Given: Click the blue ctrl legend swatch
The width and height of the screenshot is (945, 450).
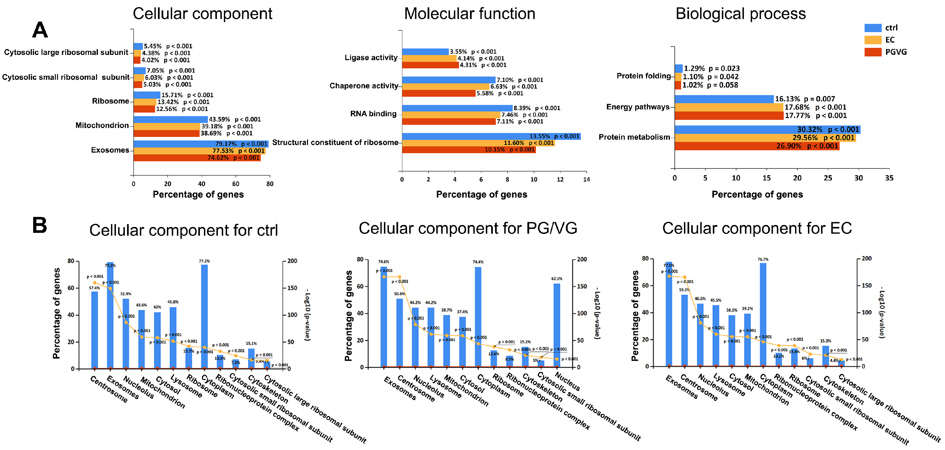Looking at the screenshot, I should [x=873, y=28].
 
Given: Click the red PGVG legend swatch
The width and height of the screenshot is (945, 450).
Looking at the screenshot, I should [x=873, y=52].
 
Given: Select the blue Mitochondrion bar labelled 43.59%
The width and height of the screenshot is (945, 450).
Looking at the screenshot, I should [x=171, y=120].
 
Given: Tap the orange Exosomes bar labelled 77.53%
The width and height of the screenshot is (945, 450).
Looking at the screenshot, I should [x=199, y=151].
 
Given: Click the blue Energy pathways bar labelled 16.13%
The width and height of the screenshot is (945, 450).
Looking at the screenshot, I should [x=724, y=99].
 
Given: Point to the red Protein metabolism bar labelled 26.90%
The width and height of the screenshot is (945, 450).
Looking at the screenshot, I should [x=756, y=146].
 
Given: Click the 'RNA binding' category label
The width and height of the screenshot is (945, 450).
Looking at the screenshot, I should [x=373, y=114].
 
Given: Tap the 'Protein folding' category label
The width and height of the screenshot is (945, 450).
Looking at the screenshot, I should [x=644, y=76].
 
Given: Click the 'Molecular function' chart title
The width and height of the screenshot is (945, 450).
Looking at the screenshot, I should [x=469, y=14].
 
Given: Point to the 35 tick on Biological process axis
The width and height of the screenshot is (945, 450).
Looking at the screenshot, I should [x=889, y=178].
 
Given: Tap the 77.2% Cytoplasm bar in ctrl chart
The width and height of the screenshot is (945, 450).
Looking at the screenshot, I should [x=204, y=316].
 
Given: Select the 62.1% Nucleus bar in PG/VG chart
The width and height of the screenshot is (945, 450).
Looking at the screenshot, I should [x=557, y=325].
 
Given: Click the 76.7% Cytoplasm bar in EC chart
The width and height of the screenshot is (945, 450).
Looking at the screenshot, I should [x=763, y=314].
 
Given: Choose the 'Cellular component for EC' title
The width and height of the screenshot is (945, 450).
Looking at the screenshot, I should [x=757, y=228].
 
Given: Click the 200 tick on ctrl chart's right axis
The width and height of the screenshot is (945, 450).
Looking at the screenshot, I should [x=292, y=261].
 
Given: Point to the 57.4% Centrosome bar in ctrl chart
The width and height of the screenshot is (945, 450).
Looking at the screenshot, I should [x=95, y=330].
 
